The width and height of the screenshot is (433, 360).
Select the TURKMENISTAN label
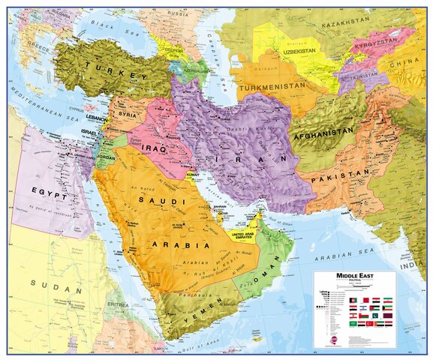click(271, 87)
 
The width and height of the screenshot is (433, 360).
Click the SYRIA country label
click(127, 115)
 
